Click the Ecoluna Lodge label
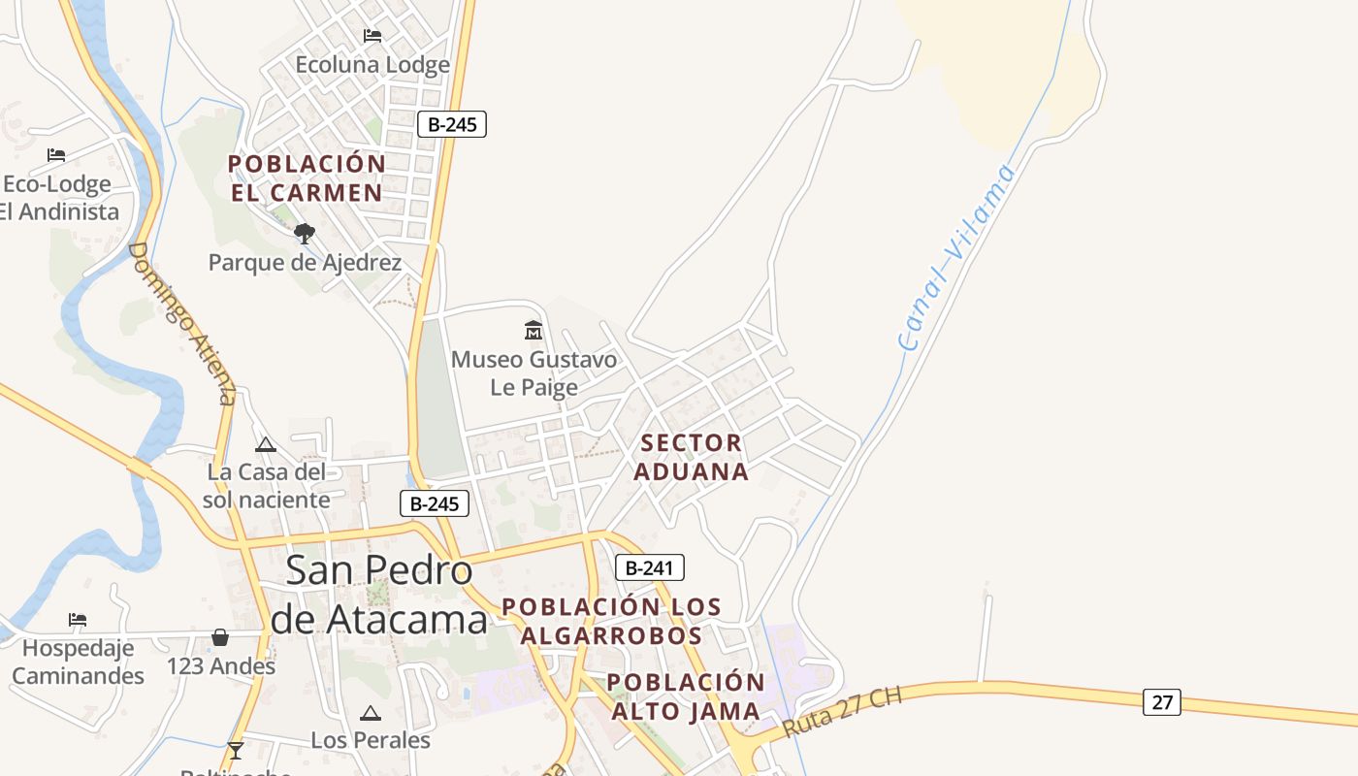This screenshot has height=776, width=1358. [372, 65]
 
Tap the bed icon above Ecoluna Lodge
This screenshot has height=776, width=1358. [372, 36]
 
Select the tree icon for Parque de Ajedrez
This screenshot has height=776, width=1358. [305, 234]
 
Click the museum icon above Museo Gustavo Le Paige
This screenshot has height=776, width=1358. [533, 331]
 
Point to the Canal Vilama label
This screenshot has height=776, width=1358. [956, 257]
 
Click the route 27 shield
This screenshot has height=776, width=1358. [1161, 701]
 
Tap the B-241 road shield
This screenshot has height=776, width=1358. [650, 567]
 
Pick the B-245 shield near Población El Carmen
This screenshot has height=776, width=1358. [452, 124]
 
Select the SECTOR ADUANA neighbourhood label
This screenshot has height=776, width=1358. [694, 457]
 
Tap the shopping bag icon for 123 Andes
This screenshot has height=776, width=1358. [220, 637]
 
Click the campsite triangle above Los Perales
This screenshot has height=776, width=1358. [370, 714]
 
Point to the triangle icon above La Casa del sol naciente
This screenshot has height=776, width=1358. [265, 445]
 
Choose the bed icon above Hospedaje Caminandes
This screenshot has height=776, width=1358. [78, 619]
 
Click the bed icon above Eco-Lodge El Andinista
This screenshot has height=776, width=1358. [56, 155]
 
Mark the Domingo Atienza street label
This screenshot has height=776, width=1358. [181, 323]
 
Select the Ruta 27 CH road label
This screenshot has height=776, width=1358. [842, 713]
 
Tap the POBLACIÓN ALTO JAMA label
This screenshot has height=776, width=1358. [686, 696]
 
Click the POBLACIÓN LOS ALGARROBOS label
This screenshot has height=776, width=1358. [611, 621]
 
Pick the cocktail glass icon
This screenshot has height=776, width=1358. [235, 751]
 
